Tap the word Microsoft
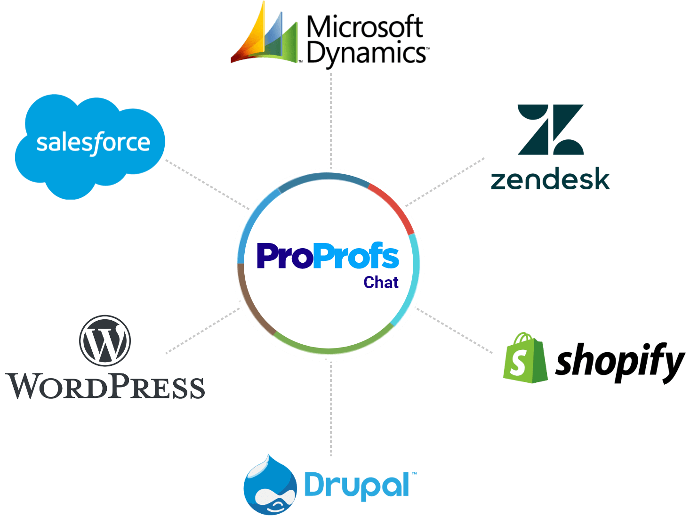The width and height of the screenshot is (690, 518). point(364,27)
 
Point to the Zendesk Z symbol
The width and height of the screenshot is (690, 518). point(550,130)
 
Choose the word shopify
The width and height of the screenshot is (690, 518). point(619,362)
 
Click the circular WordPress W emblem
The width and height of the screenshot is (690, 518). point(105,340)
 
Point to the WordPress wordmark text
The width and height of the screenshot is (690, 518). point(106,387)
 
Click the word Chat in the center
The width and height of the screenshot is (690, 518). point(381,283)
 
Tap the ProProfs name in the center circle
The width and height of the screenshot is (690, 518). point(328,256)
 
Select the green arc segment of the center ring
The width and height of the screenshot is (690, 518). point(329,349)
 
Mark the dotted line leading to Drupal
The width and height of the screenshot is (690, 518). point(331,410)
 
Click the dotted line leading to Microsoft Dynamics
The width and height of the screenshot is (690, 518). point(331,118)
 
